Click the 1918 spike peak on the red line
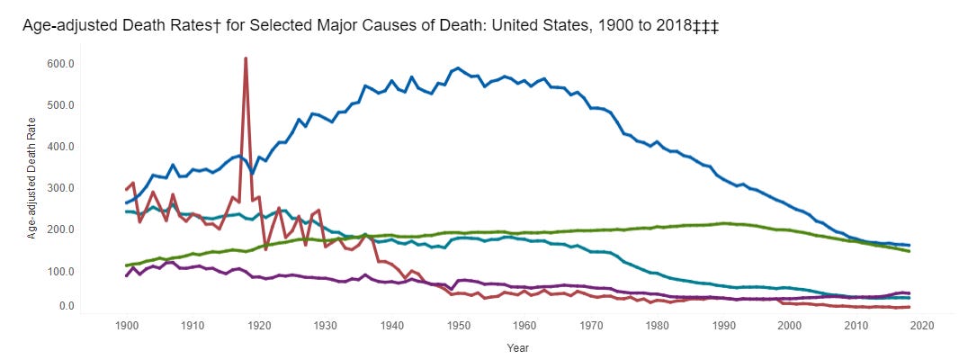[246, 58]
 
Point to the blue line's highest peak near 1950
[458, 67]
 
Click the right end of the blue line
[909, 245]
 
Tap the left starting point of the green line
[126, 265]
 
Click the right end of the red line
[909, 307]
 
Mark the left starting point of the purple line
[126, 275]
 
